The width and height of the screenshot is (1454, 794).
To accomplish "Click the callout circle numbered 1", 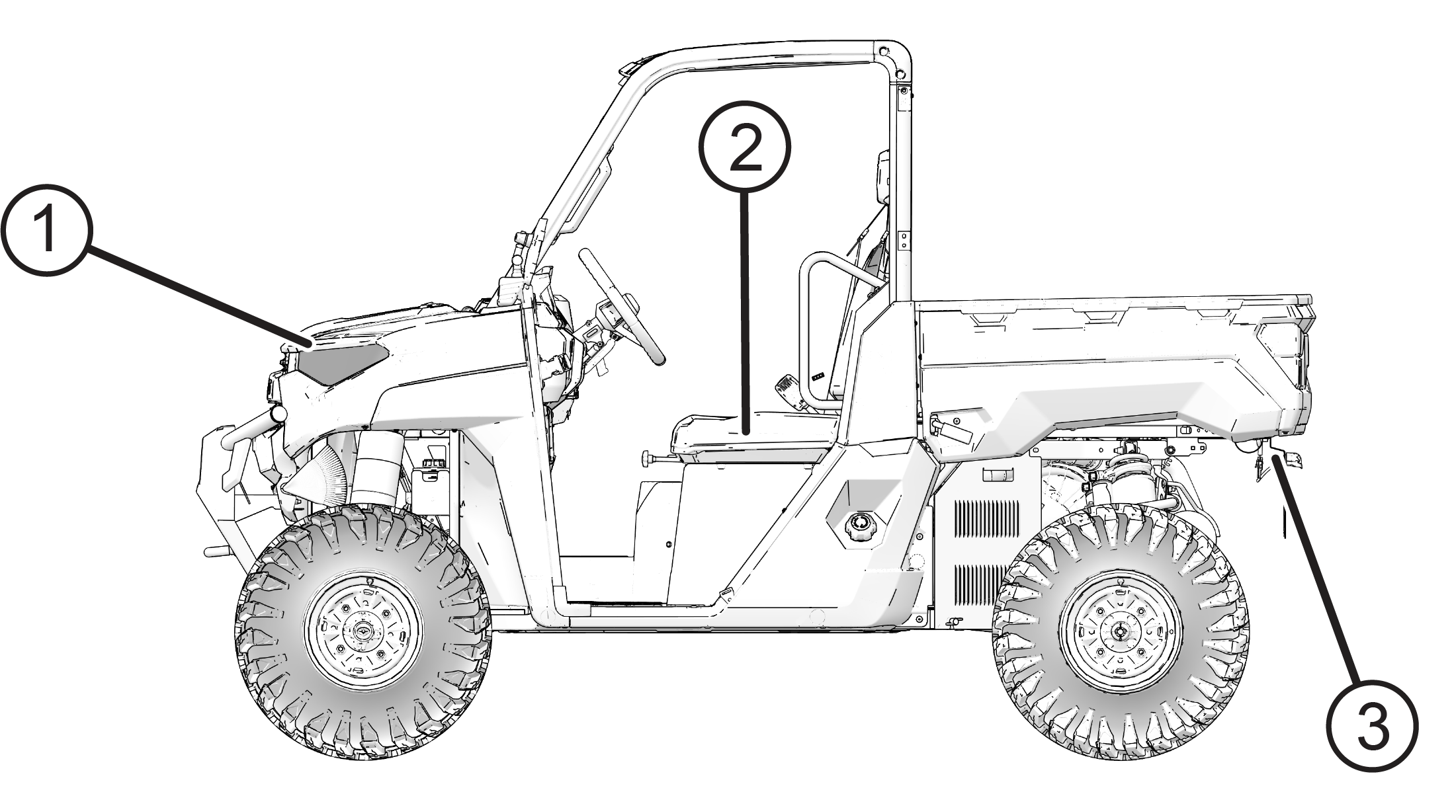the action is (46, 230).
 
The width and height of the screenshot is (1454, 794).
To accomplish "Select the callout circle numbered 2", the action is (746, 147).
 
